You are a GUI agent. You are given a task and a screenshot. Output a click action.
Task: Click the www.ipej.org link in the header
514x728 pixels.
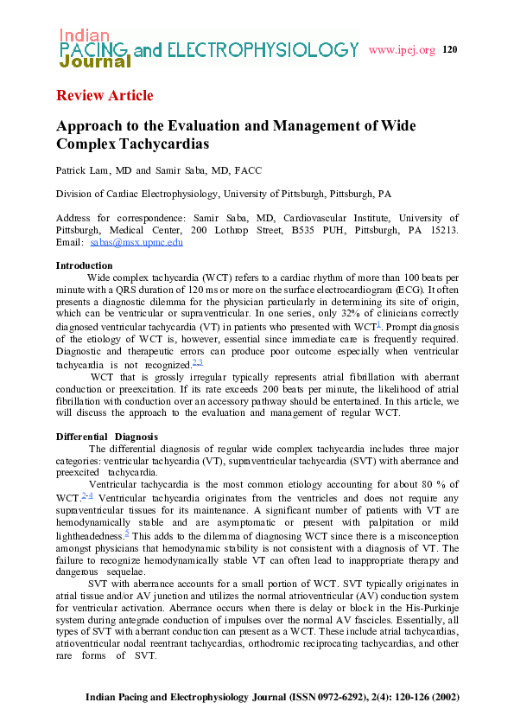tap(402, 50)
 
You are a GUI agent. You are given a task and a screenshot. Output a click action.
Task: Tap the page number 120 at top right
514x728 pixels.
tap(449, 49)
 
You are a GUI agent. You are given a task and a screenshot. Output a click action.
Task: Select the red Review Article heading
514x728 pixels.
tap(105, 95)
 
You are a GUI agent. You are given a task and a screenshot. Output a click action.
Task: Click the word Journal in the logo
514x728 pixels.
tap(95, 61)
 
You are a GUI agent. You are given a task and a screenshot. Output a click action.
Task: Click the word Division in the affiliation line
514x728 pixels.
tap(74, 195)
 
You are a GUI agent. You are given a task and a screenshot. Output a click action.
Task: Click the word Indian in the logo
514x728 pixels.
tap(85, 35)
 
